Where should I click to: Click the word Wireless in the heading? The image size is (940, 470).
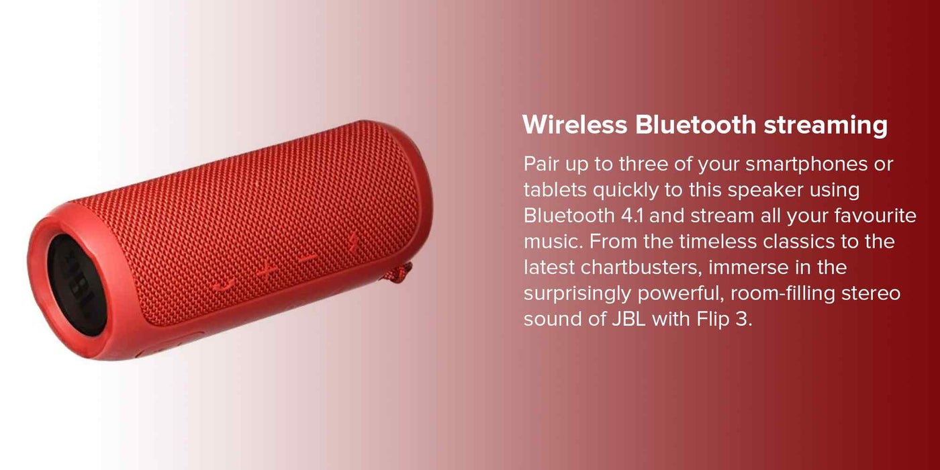(x=575, y=125)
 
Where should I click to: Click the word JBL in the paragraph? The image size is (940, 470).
(x=628, y=319)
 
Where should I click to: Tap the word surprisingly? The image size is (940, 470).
(x=577, y=294)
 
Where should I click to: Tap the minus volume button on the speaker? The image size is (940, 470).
(x=308, y=256)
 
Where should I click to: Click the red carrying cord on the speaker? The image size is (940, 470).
(x=397, y=275)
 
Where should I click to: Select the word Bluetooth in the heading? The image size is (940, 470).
(x=696, y=125)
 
